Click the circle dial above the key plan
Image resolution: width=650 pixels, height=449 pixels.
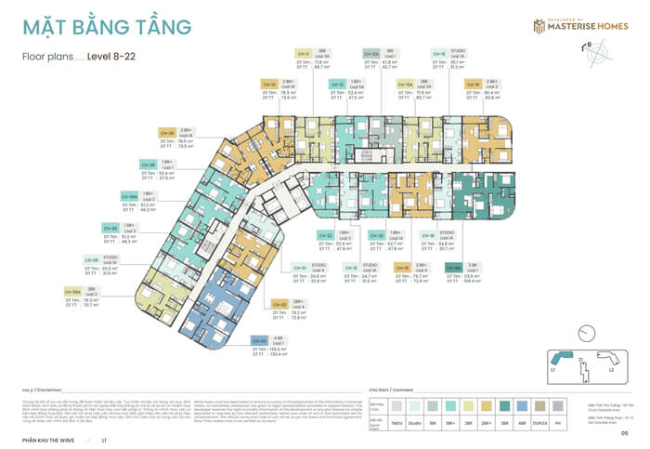[584, 332]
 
